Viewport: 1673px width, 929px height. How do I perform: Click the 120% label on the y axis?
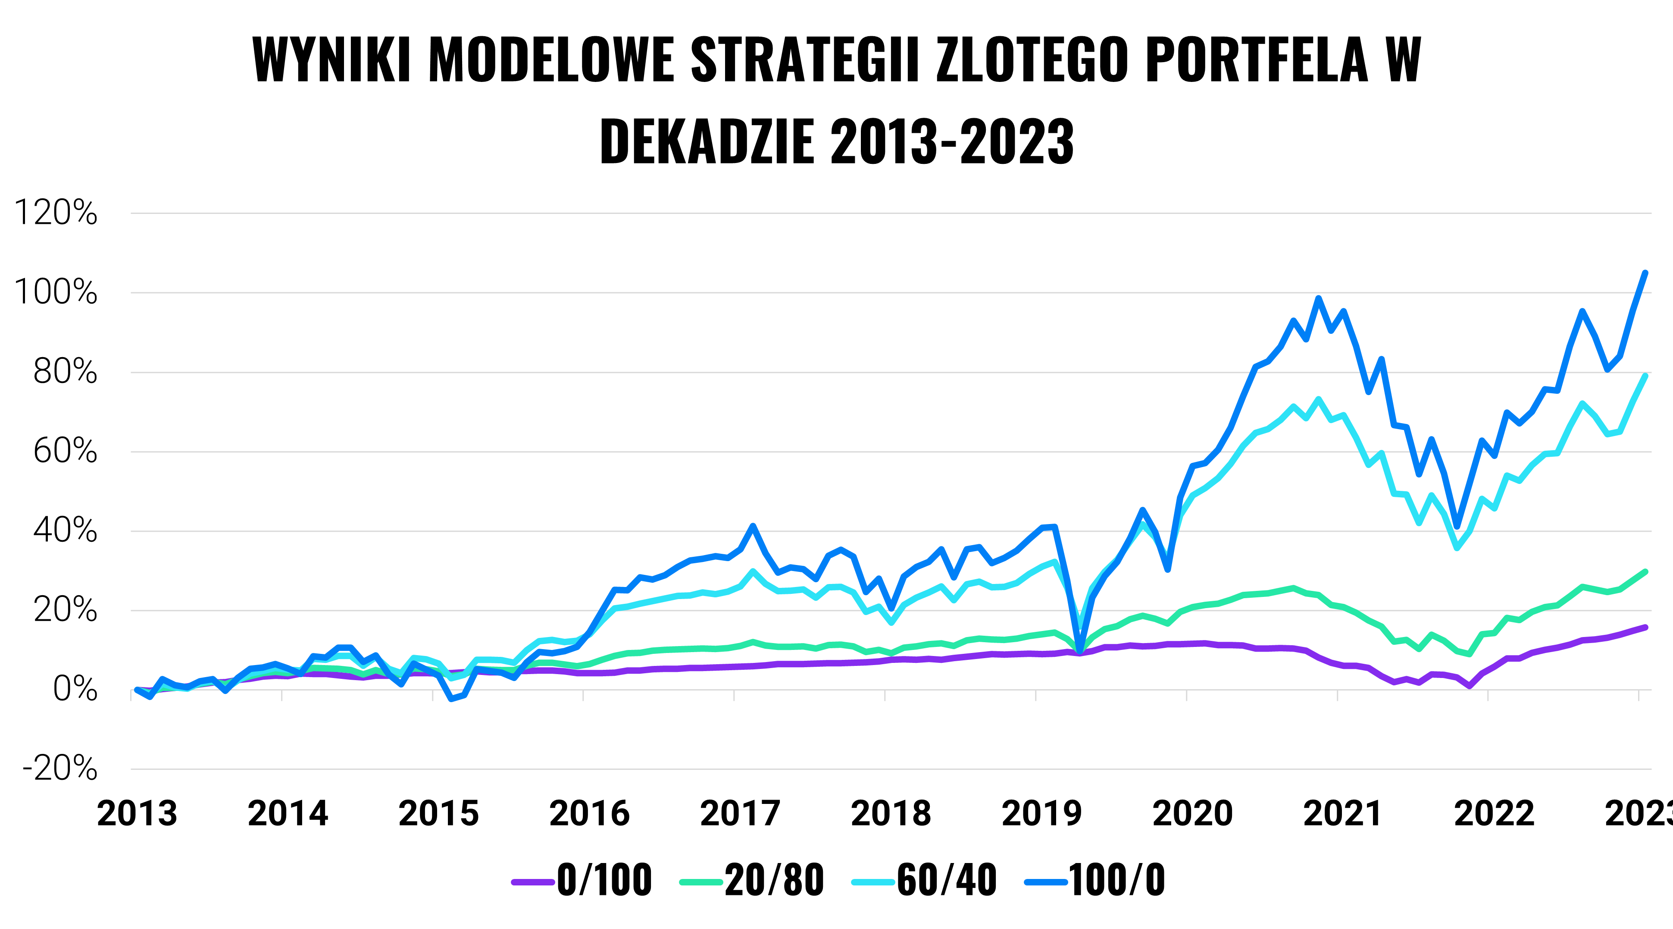click(56, 213)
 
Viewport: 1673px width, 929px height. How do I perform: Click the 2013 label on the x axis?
click(137, 813)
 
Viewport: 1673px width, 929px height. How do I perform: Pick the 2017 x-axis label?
click(741, 813)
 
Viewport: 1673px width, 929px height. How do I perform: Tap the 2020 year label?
click(1192, 813)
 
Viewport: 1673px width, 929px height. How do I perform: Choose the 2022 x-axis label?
click(1494, 813)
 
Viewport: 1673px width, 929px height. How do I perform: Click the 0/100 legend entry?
click(582, 880)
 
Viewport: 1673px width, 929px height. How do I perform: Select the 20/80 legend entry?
click(752, 880)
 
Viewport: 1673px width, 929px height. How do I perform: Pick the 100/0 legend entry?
click(1095, 880)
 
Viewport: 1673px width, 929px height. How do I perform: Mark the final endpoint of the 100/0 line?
click(1645, 273)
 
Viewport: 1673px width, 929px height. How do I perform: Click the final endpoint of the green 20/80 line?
click(1645, 572)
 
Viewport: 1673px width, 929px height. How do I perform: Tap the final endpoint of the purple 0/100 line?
click(1645, 627)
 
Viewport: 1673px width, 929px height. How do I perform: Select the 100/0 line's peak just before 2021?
click(1318, 298)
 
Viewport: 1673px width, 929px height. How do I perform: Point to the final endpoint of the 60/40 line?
click(1645, 376)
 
